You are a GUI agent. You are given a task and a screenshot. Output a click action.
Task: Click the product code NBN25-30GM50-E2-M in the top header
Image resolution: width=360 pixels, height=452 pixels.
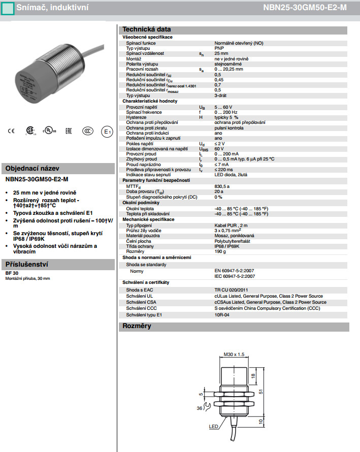click(312, 8)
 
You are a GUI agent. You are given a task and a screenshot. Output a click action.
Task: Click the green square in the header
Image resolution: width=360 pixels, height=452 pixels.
click(7, 8)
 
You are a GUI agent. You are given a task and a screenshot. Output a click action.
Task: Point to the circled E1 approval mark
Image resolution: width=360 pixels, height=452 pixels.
click(107, 132)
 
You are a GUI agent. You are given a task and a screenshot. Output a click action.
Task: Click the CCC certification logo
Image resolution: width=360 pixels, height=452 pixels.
click(88, 131)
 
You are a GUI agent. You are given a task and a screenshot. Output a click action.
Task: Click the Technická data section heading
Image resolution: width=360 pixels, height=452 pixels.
click(147, 29)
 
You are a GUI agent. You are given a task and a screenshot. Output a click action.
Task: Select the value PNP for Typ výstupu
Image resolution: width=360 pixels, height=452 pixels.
click(219, 48)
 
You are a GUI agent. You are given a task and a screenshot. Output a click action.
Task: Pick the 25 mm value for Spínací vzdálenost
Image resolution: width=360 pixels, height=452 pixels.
click(221, 53)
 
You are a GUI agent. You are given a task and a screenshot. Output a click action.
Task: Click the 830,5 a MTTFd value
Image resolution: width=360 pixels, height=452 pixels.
click(222, 186)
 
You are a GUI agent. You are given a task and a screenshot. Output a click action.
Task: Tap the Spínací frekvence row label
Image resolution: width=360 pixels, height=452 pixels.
click(144, 112)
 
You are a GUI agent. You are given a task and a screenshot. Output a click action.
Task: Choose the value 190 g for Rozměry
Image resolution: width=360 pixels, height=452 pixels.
click(220, 251)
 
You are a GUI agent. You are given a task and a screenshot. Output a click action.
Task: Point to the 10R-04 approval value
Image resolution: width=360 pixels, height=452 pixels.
click(222, 315)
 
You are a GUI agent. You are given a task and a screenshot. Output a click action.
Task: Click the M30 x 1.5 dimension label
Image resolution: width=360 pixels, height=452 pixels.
click(234, 354)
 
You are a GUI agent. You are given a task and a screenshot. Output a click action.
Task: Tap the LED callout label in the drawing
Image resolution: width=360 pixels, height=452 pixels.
click(214, 427)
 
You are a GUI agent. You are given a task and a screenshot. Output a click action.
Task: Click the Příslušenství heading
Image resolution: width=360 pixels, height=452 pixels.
click(26, 265)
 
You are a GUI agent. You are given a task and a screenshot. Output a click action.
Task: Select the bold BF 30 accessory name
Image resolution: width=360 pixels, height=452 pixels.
click(11, 273)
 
